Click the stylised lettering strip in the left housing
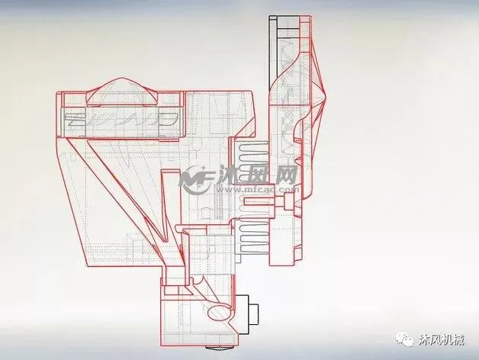122,119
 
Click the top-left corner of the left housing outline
59,93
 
